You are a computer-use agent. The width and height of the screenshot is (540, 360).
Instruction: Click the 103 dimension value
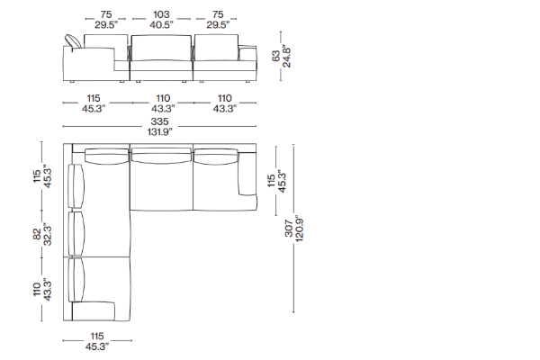(x=161, y=14)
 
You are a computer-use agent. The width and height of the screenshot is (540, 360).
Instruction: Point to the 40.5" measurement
(x=161, y=24)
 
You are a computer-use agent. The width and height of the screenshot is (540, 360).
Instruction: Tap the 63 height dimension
(x=276, y=57)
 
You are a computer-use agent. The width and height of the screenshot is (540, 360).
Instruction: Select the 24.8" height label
(x=286, y=56)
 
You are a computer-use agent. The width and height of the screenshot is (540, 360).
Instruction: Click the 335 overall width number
(x=160, y=121)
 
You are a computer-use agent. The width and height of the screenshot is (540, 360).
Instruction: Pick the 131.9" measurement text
(x=160, y=131)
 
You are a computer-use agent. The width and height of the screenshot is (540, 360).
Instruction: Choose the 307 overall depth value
(x=289, y=228)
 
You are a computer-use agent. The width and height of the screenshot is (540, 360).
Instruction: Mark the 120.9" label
(x=299, y=229)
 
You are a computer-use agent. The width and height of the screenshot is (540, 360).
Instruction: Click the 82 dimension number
(x=37, y=234)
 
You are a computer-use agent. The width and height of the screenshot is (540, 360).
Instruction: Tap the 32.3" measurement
(x=47, y=234)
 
